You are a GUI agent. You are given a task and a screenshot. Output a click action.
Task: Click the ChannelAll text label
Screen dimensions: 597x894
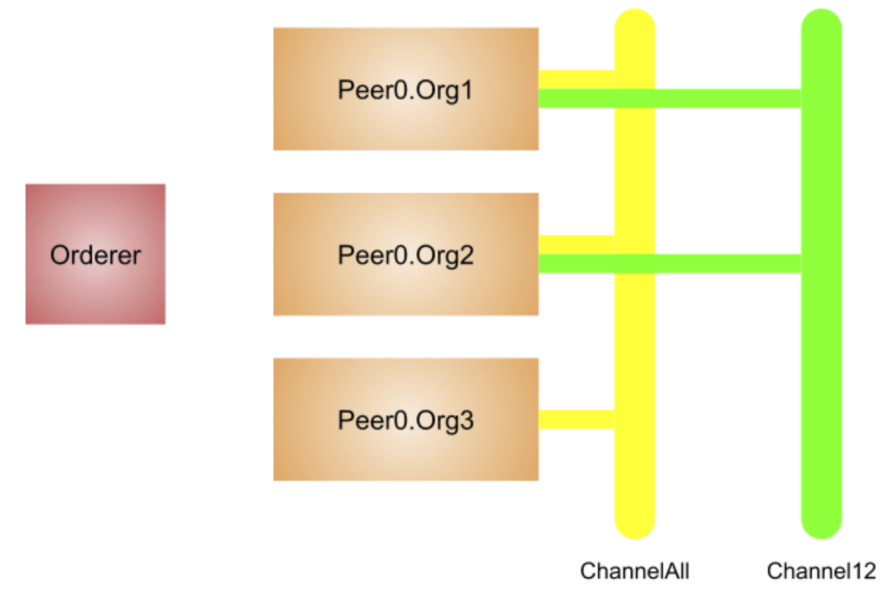coord(634,571)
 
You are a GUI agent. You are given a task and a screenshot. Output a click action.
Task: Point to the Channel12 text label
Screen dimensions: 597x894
coord(821,571)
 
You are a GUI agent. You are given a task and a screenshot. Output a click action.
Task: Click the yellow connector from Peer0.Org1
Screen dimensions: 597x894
coord(575,79)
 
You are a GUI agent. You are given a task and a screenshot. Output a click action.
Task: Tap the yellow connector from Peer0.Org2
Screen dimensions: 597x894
coord(575,243)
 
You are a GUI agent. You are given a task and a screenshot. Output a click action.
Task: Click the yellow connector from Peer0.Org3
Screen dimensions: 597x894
coord(575,419)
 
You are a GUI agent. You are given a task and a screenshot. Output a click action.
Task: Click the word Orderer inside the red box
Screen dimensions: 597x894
coord(95,255)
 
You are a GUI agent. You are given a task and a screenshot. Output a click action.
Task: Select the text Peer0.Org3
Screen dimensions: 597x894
coord(405,420)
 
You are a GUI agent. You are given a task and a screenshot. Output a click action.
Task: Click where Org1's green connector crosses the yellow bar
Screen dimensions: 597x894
coord(635,99)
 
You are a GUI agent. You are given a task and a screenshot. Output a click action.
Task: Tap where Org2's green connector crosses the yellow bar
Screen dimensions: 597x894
coord(635,263)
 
